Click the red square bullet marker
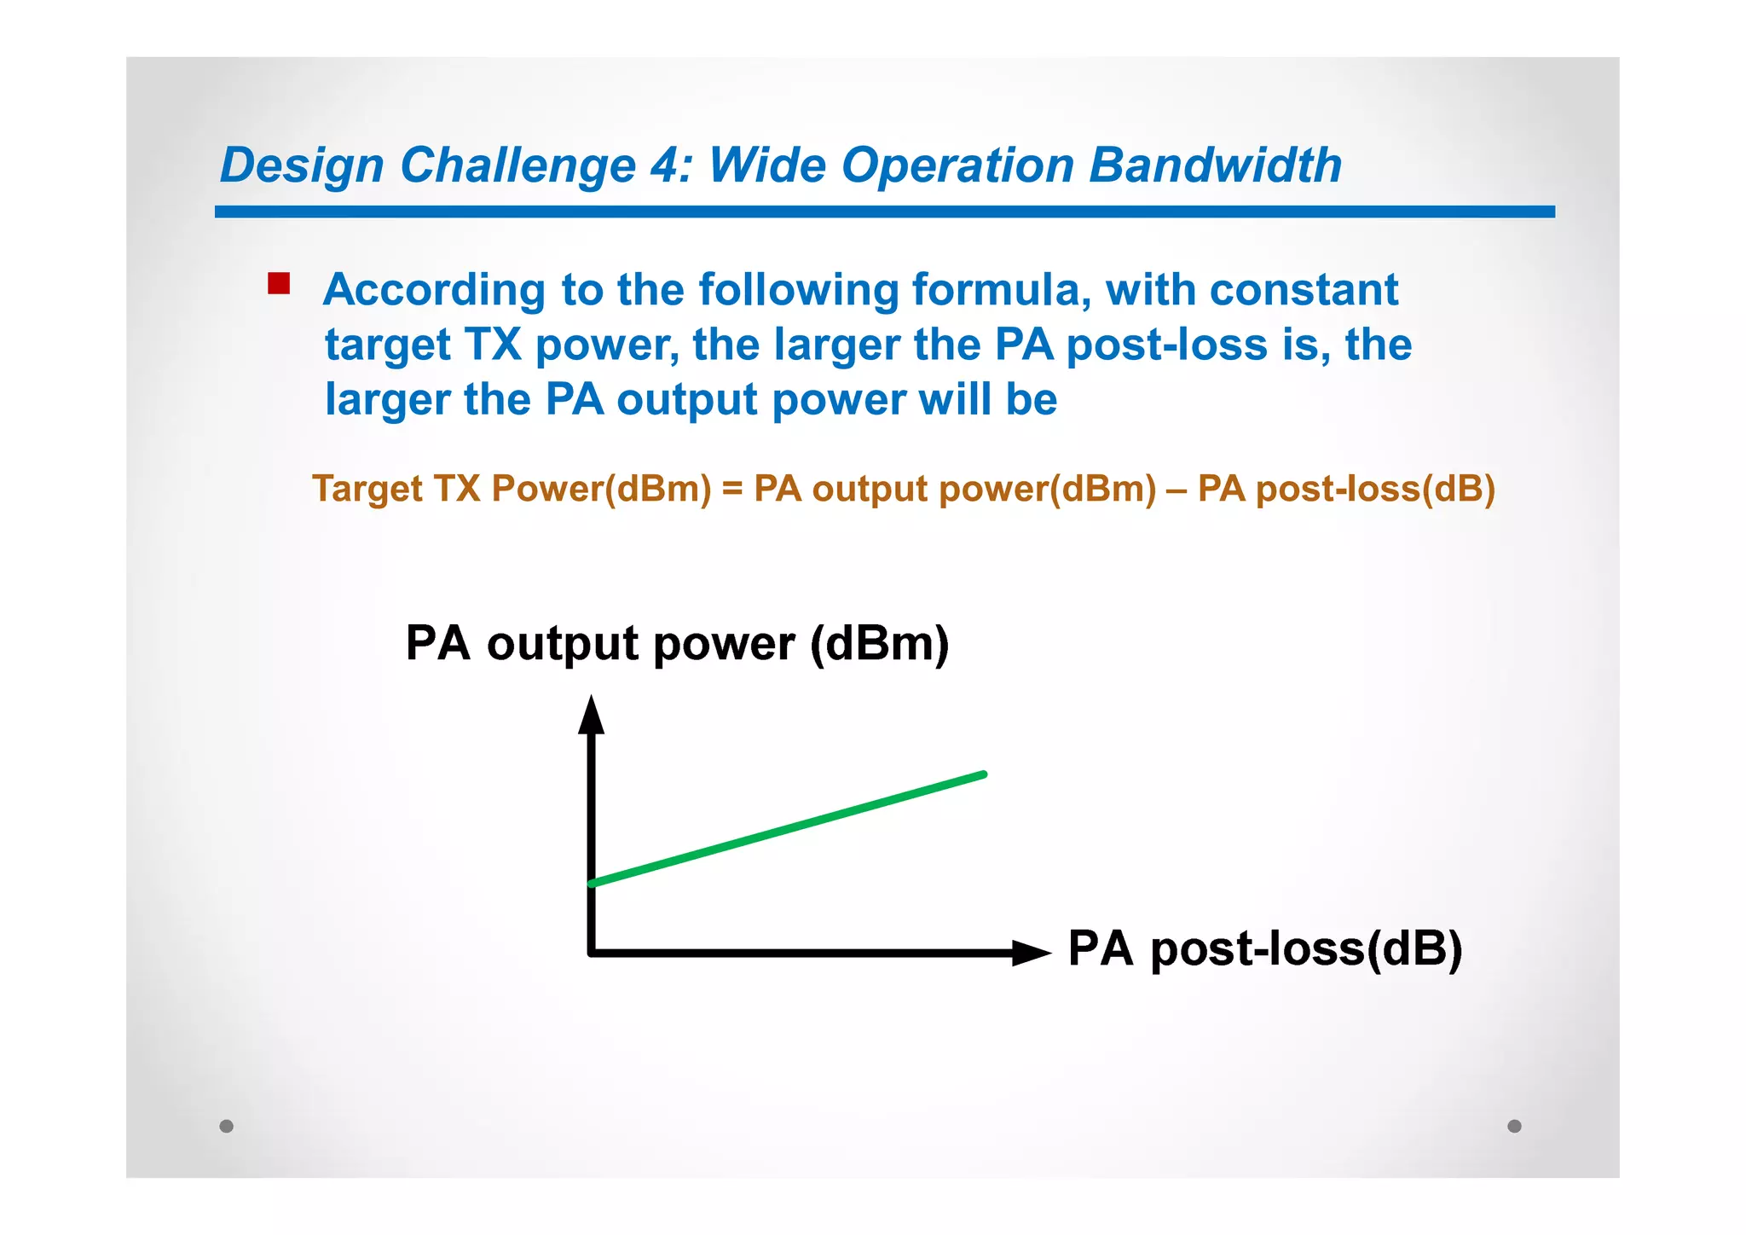tap(279, 283)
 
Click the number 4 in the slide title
tap(666, 165)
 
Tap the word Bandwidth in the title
tap(1215, 165)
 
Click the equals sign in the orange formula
tap(732, 490)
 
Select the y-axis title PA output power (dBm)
tap(677, 643)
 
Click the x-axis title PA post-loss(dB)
tap(1265, 948)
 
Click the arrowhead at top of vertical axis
tap(591, 715)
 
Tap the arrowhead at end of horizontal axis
tap(1032, 953)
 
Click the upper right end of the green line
tap(983, 774)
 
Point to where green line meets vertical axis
tap(593, 883)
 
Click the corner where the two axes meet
tap(592, 952)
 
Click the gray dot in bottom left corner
tap(226, 1126)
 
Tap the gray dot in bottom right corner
tap(1514, 1126)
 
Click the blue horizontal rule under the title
tap(884, 212)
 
